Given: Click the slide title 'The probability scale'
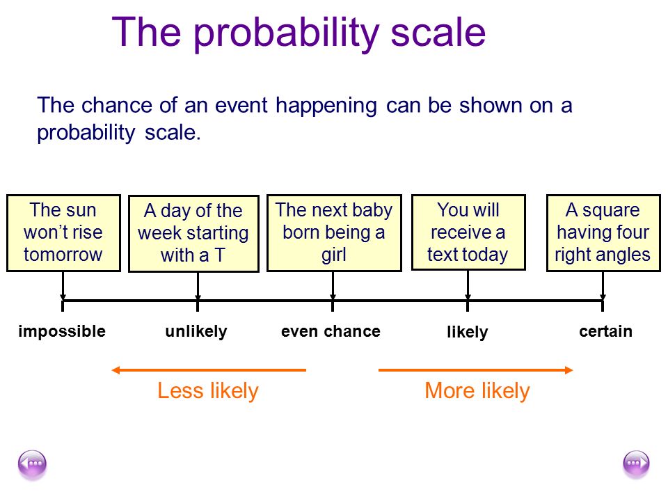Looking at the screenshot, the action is click(x=299, y=33).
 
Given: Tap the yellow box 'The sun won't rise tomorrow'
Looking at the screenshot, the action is click(x=63, y=233).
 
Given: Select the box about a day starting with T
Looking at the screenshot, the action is click(x=194, y=234).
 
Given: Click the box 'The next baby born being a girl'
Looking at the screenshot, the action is click(x=334, y=233).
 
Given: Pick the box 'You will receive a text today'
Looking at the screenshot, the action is click(x=468, y=232).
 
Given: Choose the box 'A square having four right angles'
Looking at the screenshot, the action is click(x=603, y=233).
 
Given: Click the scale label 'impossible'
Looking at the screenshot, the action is click(x=62, y=331).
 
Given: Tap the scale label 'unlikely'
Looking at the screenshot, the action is click(x=196, y=331).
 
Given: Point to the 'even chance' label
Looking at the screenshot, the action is click(x=331, y=331).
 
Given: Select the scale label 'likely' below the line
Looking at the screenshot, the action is click(x=468, y=332).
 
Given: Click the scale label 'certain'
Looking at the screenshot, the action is click(x=605, y=331).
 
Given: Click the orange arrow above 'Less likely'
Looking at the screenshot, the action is click(x=209, y=370).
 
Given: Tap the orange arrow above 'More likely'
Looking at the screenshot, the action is click(x=475, y=370).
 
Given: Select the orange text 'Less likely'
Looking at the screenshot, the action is click(x=208, y=390).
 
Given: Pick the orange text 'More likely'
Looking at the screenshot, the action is click(x=477, y=390).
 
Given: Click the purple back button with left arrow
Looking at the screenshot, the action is click(x=32, y=464).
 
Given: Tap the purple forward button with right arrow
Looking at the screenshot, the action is click(x=636, y=464).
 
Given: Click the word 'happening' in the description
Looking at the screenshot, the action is click(x=326, y=106).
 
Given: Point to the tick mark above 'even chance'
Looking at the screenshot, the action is click(x=333, y=305).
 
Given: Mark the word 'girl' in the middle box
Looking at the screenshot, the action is click(x=333, y=255).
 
